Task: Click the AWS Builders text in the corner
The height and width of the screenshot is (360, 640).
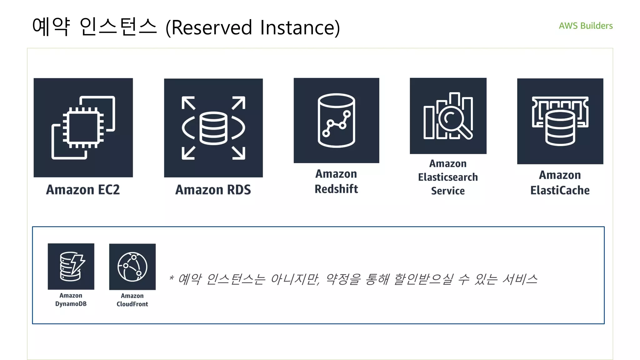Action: (586, 26)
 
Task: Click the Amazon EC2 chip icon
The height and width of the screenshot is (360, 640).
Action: (83, 127)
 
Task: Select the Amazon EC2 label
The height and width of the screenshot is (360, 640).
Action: (83, 190)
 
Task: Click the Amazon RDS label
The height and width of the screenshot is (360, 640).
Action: (213, 190)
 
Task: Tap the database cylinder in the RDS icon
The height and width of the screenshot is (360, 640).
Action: (213, 128)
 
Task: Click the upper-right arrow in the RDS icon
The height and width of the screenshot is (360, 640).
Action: (239, 103)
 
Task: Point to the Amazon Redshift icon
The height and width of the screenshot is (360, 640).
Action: (336, 120)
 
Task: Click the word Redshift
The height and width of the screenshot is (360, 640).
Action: (336, 189)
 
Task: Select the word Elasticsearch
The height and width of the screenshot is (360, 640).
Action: (448, 177)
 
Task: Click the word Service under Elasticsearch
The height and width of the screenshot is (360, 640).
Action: (448, 191)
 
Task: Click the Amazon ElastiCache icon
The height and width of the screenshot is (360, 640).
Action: (560, 121)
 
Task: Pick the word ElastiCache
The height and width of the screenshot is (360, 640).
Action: (560, 190)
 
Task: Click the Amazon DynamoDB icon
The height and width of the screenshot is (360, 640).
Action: (71, 267)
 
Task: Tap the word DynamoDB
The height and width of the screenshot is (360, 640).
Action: (71, 304)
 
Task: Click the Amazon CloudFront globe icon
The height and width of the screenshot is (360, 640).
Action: (132, 267)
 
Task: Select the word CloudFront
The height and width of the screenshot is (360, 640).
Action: (132, 304)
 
